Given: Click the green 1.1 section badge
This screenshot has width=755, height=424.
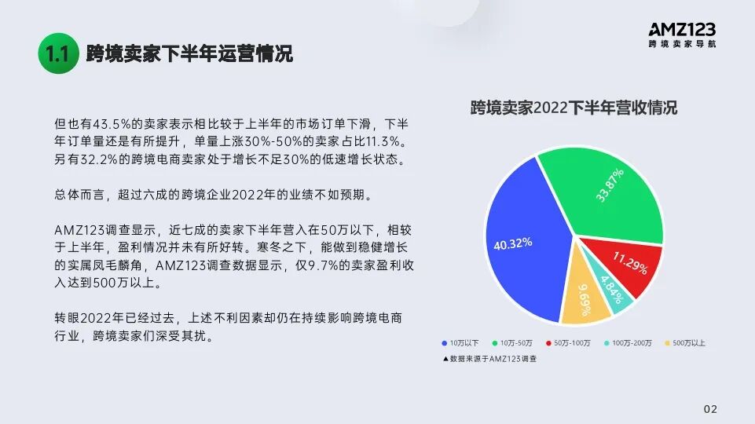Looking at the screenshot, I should tap(58, 53).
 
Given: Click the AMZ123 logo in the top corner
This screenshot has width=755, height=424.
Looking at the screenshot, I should tap(682, 35).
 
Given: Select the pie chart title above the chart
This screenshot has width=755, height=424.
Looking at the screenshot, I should tap(574, 108).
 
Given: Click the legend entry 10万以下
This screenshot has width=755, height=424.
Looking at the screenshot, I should tap(460, 343).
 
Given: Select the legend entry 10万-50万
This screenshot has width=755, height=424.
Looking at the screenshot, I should tap(514, 343).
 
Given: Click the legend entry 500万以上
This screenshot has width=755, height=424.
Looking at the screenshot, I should tap(687, 343).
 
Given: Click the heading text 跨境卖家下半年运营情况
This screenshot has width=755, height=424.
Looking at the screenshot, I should tap(189, 54).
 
